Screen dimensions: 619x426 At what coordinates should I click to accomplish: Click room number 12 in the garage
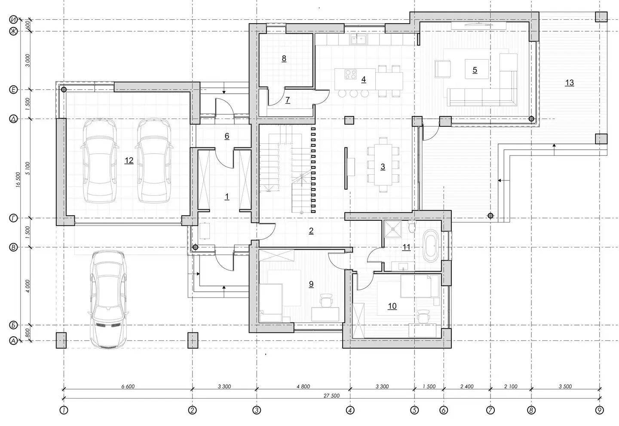click(129, 161)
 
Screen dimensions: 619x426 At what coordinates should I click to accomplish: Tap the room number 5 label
click(475, 70)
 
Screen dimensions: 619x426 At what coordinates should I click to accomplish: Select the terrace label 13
click(570, 82)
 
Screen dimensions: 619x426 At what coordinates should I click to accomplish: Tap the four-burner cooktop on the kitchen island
click(350, 74)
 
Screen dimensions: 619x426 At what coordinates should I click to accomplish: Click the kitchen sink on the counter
click(359, 40)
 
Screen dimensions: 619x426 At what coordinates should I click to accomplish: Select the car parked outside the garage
click(108, 300)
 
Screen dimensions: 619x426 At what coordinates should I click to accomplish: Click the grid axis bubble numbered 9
click(599, 410)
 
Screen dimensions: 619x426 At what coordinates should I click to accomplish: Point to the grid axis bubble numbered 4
click(350, 410)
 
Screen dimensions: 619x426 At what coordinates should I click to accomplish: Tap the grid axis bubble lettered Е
click(13, 90)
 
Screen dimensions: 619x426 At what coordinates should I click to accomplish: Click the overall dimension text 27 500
click(331, 396)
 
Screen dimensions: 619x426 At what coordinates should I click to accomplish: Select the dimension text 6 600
click(128, 386)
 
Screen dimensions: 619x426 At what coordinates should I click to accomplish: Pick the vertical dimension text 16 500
click(18, 180)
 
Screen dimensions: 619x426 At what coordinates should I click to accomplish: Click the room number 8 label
click(284, 58)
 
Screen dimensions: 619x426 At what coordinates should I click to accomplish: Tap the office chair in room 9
click(326, 300)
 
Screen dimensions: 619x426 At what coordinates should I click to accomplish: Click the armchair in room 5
click(442, 69)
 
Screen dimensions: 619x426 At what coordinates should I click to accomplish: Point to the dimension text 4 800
click(303, 386)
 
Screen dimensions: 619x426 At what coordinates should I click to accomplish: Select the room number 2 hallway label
click(311, 231)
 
